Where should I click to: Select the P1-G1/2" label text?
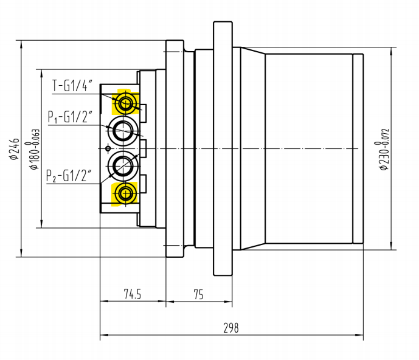[x=71, y=116]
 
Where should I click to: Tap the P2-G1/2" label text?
[x=69, y=176]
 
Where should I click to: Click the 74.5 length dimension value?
[x=132, y=294]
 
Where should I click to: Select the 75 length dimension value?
[x=198, y=294]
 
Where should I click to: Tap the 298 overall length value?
[x=231, y=328]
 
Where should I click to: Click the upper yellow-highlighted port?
[x=126, y=103]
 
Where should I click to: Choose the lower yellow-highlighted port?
[x=126, y=194]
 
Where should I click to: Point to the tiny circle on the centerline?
[x=108, y=148]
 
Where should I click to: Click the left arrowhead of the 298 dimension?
[x=103, y=334]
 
